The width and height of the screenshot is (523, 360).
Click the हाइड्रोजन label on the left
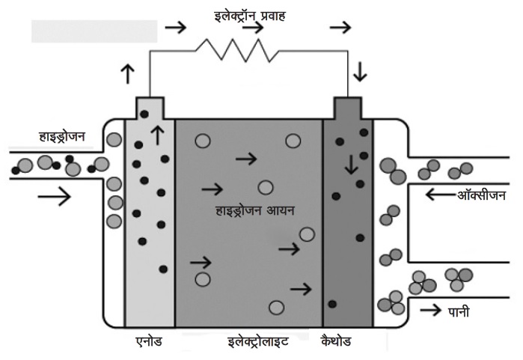click(62, 136)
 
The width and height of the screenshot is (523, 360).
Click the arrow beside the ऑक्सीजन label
click(438, 196)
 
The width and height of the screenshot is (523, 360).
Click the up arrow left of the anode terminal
click(126, 73)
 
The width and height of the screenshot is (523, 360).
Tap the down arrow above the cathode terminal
click(361, 72)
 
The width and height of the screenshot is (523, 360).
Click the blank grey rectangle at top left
click(94, 30)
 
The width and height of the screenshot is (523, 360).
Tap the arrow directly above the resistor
click(254, 28)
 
